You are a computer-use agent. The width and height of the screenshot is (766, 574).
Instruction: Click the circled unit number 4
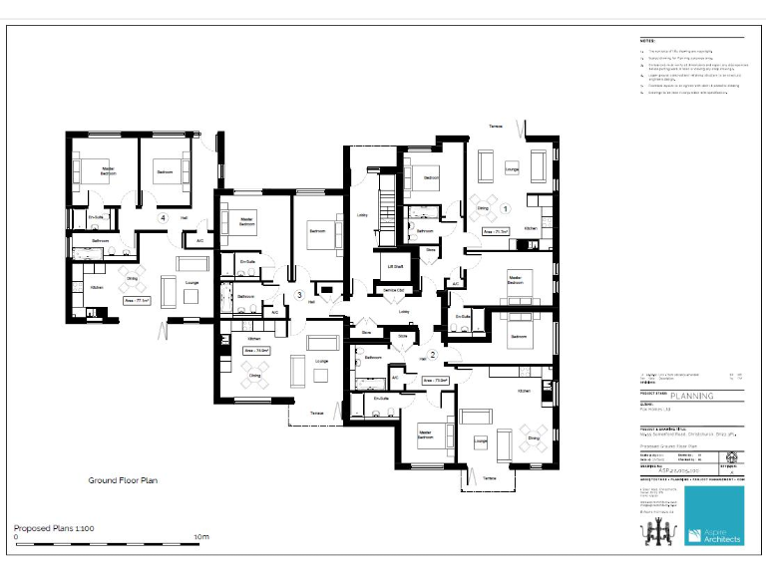163,217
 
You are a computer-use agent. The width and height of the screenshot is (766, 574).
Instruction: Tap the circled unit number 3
299,295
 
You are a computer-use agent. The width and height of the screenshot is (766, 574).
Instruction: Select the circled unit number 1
506,209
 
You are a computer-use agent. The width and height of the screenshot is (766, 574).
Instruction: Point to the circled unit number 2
432,354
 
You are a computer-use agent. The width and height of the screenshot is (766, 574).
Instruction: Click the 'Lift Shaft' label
394,267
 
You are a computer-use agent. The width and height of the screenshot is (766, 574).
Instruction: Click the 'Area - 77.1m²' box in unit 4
137,300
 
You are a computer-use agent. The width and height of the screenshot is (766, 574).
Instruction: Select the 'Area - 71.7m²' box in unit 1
496,231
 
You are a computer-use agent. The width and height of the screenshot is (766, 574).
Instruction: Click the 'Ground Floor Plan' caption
124,479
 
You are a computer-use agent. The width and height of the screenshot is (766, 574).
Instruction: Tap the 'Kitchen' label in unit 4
97,287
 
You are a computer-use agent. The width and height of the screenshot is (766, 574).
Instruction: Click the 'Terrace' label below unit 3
315,413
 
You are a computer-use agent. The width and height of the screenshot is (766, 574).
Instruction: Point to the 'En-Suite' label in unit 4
96,216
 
